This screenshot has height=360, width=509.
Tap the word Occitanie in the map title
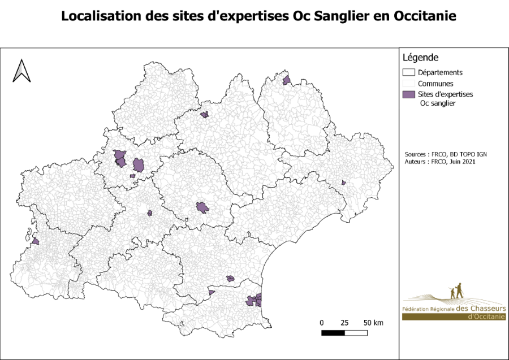[420, 16]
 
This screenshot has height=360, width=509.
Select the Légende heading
[420, 58]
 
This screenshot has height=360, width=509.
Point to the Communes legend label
[434, 83]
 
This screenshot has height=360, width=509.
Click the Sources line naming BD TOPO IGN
[446, 154]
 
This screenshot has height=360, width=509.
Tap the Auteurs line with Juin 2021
[441, 162]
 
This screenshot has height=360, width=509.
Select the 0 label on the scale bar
[322, 323]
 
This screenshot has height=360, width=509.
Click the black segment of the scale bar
[333, 332]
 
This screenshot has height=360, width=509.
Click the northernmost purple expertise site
[286, 80]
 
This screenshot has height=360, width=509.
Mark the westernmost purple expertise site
[35, 241]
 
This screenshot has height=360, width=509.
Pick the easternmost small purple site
[343, 182]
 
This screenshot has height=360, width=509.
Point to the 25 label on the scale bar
[344, 323]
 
